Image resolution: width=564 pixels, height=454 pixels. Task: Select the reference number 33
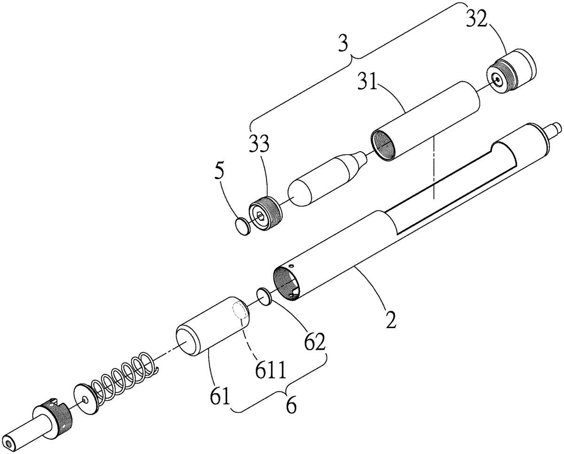[x=259, y=143]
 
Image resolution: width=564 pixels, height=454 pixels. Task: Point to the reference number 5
[x=219, y=171]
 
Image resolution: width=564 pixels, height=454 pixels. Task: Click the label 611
[x=270, y=370]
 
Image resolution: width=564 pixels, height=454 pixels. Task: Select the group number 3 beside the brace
[x=343, y=43]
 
